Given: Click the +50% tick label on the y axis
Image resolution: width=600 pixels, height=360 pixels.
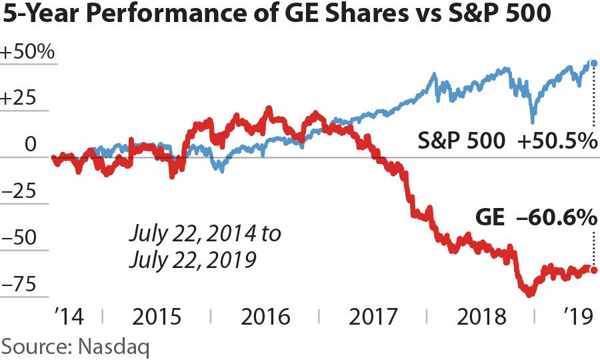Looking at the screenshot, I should [x=27, y=53].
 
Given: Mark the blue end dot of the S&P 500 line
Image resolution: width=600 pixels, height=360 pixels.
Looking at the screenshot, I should [x=594, y=63].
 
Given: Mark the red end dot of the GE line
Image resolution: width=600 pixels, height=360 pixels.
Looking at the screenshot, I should [x=594, y=270].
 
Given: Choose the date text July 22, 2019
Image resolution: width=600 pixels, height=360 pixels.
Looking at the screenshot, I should [x=193, y=259].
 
